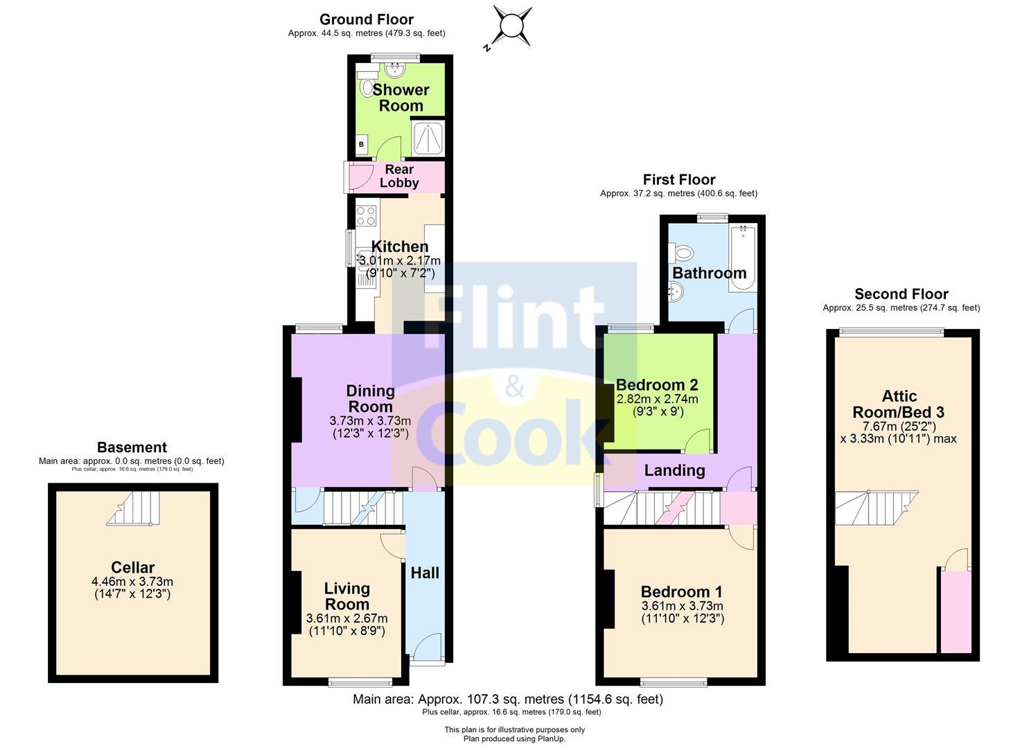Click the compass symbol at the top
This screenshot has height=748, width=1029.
(x=512, y=26)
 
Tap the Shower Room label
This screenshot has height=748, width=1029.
(x=401, y=98)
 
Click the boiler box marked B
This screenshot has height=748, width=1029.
(x=361, y=144)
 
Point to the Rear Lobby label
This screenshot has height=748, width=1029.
(x=399, y=176)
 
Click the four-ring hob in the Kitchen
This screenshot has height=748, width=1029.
(x=366, y=215)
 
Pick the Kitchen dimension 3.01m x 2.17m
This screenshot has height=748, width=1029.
(x=400, y=260)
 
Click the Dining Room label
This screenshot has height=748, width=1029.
(x=370, y=398)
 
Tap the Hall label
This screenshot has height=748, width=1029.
(x=424, y=573)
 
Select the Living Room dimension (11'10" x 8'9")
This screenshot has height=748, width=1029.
(x=346, y=630)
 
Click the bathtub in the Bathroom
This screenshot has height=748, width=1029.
(x=742, y=257)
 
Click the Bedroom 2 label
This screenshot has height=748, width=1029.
(x=656, y=384)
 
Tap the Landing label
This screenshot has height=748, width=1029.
(x=674, y=470)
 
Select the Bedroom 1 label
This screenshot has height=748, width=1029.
(x=681, y=591)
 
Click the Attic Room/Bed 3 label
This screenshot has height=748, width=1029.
(x=899, y=404)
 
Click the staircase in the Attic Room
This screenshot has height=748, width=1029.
(x=875, y=508)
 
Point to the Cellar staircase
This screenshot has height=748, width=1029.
(x=134, y=508)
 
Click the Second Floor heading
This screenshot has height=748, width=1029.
(x=901, y=294)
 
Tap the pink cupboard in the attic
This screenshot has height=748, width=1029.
(x=955, y=611)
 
